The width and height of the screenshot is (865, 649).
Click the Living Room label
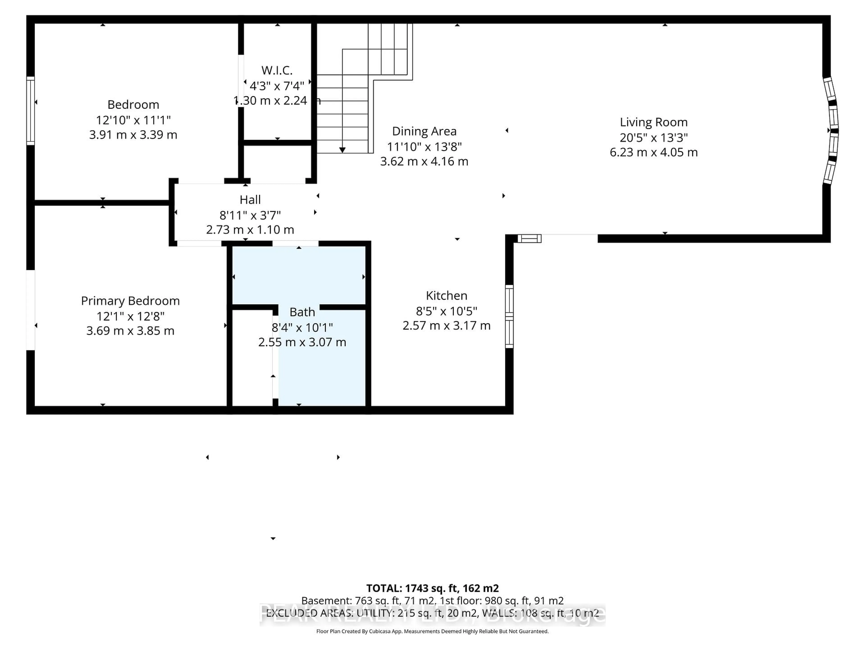653,122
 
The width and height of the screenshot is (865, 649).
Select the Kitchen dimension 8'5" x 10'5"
446,311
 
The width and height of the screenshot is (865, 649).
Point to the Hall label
250,200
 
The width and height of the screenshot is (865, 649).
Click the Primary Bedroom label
130,301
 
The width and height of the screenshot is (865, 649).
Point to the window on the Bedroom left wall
30,111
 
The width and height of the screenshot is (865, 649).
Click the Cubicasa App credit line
432,631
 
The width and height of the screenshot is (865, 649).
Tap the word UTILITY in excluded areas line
373,613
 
